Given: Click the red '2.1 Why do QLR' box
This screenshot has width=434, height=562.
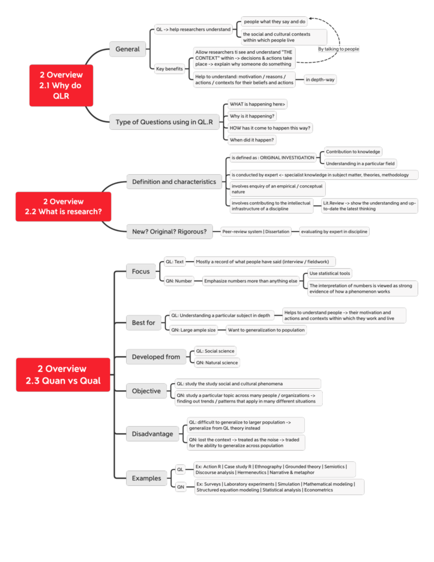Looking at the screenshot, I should [x=61, y=85].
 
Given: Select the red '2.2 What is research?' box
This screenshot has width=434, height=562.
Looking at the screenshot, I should [x=63, y=207].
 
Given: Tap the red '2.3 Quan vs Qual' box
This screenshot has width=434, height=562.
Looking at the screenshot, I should [x=63, y=375].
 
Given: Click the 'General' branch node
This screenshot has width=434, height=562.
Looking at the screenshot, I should [x=127, y=49].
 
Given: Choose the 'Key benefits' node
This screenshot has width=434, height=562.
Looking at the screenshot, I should [x=169, y=69].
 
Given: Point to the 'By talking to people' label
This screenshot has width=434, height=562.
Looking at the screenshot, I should [x=339, y=49].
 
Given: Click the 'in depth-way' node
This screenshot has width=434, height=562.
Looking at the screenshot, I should [x=320, y=80].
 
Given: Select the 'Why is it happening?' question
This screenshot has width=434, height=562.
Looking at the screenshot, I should [x=252, y=116].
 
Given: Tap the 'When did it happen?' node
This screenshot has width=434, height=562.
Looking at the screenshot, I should [x=252, y=140].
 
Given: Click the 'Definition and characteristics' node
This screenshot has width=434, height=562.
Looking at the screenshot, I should [x=174, y=182].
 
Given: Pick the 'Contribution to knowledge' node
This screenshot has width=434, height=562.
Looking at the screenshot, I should [x=353, y=152].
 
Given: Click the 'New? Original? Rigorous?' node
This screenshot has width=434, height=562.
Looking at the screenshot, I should [x=169, y=232].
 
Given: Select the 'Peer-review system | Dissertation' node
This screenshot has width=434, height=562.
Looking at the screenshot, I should [x=256, y=232].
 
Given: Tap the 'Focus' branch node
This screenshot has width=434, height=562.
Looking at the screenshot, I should [x=141, y=271].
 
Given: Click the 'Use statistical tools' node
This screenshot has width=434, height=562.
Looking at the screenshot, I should [x=329, y=274].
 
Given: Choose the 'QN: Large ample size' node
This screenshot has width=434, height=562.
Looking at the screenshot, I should [x=193, y=330].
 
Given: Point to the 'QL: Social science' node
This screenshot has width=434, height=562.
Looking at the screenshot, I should [x=215, y=351].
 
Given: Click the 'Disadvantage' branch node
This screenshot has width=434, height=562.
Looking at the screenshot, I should [x=152, y=434].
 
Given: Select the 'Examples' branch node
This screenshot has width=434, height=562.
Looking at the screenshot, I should [x=146, y=478].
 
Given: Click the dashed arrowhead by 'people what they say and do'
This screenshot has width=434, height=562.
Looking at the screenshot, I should [x=311, y=18].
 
